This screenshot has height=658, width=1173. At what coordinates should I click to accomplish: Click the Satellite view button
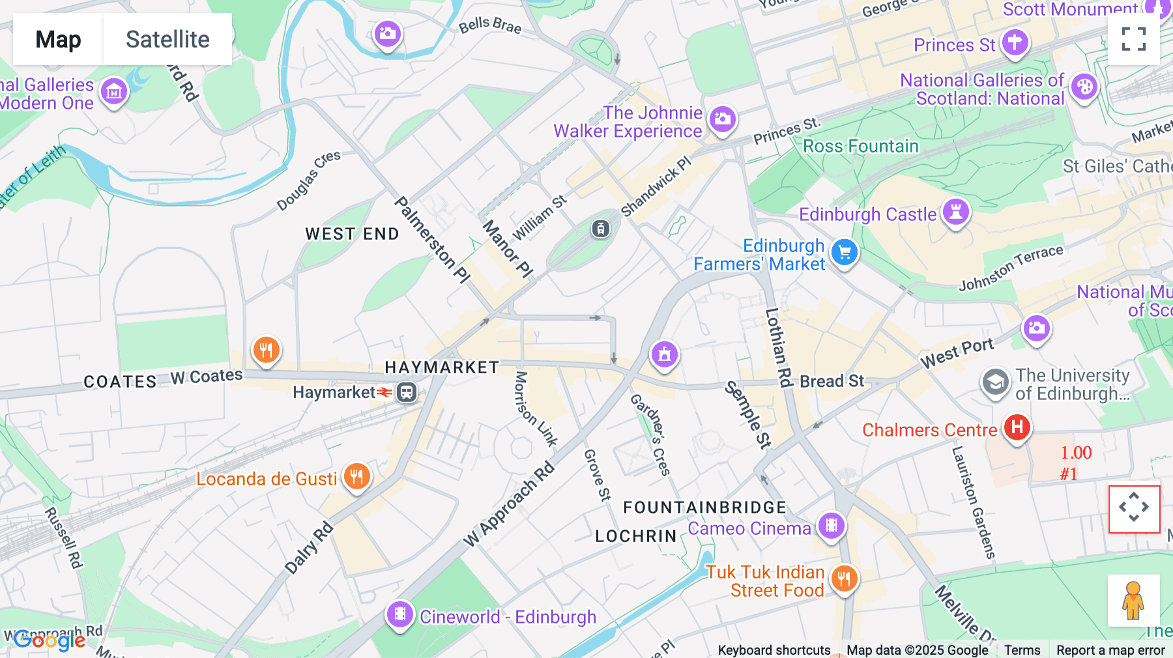coord(167,39)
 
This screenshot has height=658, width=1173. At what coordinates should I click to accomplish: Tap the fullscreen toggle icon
coord(1134,39)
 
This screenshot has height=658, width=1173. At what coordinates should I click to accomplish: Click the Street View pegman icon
coord(1133,600)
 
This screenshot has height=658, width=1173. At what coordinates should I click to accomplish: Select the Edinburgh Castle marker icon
coord(956,212)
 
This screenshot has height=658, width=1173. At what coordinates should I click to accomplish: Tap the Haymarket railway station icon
coord(407,392)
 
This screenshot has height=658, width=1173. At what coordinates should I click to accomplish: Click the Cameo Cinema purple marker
coord(832,525)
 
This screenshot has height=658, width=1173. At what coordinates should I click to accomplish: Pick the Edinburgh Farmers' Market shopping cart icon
coord(845,253)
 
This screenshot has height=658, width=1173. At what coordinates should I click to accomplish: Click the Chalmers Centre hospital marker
coord(1017,428)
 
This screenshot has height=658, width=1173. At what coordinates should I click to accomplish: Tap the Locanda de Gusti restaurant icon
coord(356,477)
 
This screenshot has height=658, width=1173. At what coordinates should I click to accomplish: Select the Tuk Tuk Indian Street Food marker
coord(845,578)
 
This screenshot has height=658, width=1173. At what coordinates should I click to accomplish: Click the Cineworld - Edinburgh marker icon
coord(400,614)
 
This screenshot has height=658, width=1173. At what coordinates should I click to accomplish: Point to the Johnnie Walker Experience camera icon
coord(722,119)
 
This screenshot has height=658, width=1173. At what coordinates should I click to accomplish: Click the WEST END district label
coord(352,234)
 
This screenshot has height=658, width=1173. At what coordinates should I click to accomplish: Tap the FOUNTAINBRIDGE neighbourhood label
coord(704,508)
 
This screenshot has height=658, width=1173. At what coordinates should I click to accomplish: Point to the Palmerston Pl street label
coord(432,240)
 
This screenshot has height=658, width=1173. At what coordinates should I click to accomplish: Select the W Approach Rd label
coord(509,504)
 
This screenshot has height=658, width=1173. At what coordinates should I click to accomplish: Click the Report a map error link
coord(1110,650)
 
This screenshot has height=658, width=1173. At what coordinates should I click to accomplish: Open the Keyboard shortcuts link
coord(774,650)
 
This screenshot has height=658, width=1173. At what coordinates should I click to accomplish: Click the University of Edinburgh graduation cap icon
coord(995,384)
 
